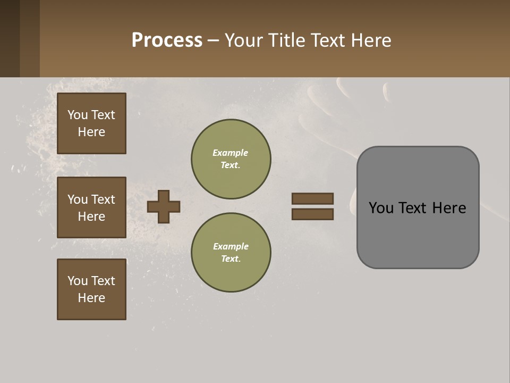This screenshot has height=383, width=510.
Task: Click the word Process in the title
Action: [167, 40]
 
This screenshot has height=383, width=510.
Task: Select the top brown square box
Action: [91, 123]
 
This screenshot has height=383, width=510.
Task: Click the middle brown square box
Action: [91, 207]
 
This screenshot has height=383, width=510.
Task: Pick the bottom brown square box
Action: [91, 289]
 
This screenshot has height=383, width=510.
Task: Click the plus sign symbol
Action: [164, 206]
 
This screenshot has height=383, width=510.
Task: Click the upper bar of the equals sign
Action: [312, 198]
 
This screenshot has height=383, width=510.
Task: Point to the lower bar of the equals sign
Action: [312, 214]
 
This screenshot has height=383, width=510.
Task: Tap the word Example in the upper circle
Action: [231, 153]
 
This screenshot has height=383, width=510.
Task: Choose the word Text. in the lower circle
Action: [231, 259]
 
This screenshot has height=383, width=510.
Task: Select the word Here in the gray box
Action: [449, 208]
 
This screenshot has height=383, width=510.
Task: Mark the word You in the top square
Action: [78, 115]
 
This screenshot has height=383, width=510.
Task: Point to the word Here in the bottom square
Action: [91, 298]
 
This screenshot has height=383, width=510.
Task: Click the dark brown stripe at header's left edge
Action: [10, 38]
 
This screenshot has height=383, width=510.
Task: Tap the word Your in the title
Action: [244, 40]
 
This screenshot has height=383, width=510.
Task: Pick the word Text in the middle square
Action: [103, 199]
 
